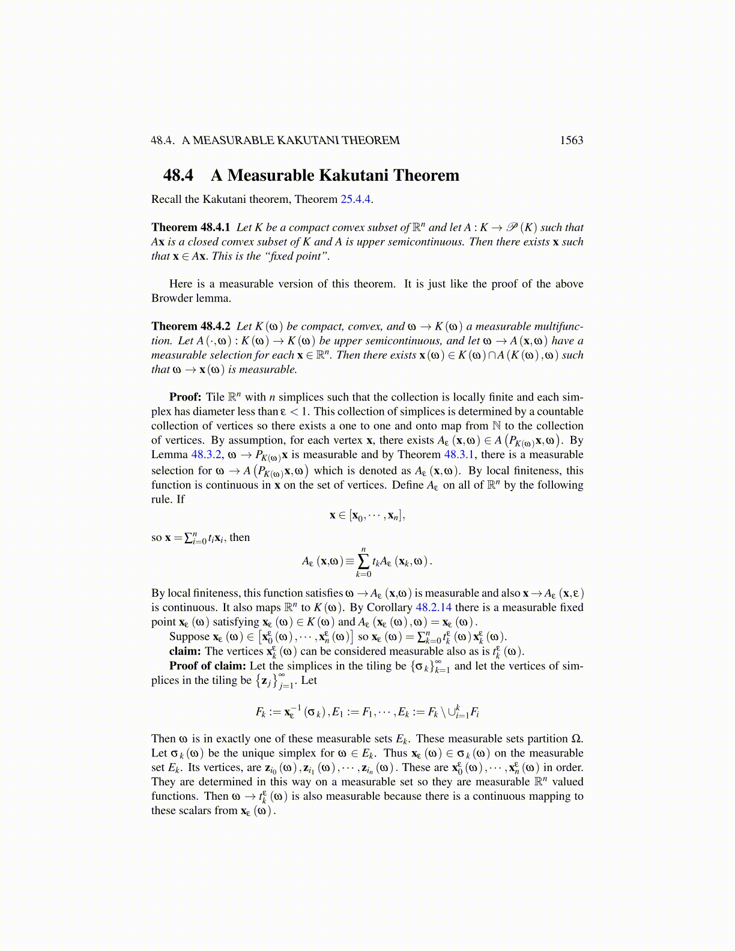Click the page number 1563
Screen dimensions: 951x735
(x=571, y=140)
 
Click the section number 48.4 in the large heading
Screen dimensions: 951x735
(x=178, y=175)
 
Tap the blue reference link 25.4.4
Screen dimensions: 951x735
(x=355, y=199)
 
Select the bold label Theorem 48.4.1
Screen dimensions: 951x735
(x=191, y=228)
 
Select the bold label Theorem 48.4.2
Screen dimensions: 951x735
(x=191, y=327)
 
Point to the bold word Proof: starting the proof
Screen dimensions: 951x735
(x=185, y=397)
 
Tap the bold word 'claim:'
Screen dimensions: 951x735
(x=185, y=651)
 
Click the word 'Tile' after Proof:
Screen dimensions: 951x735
(x=215, y=397)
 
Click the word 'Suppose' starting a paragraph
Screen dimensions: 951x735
(x=189, y=637)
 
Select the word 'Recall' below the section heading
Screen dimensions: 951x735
(x=166, y=199)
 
